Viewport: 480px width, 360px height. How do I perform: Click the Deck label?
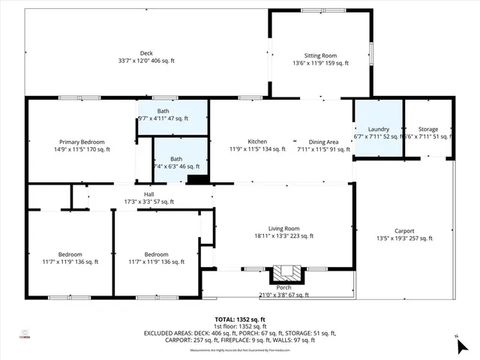[x=146, y=53]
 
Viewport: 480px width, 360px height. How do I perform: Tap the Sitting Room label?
[x=320, y=55]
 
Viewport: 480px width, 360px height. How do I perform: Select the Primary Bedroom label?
[x=82, y=142]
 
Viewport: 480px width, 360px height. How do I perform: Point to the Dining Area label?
[x=323, y=142]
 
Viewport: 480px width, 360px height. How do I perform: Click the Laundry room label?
[x=378, y=129]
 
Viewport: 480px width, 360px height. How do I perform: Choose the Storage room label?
[x=428, y=129]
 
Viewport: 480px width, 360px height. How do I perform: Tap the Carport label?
[x=404, y=231]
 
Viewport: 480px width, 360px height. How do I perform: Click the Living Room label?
[x=284, y=229]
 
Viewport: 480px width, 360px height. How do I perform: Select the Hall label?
[x=139, y=194]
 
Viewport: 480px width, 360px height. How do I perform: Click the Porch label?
[x=284, y=287]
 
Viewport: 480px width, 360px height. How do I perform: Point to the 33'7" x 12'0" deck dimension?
[x=146, y=61]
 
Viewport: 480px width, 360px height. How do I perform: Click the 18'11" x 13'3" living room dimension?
[x=284, y=236]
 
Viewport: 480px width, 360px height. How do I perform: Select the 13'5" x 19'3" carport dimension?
[x=404, y=238]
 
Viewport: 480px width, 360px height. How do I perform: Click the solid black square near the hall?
[x=197, y=179]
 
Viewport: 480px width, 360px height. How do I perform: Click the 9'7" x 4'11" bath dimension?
[x=162, y=118]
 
